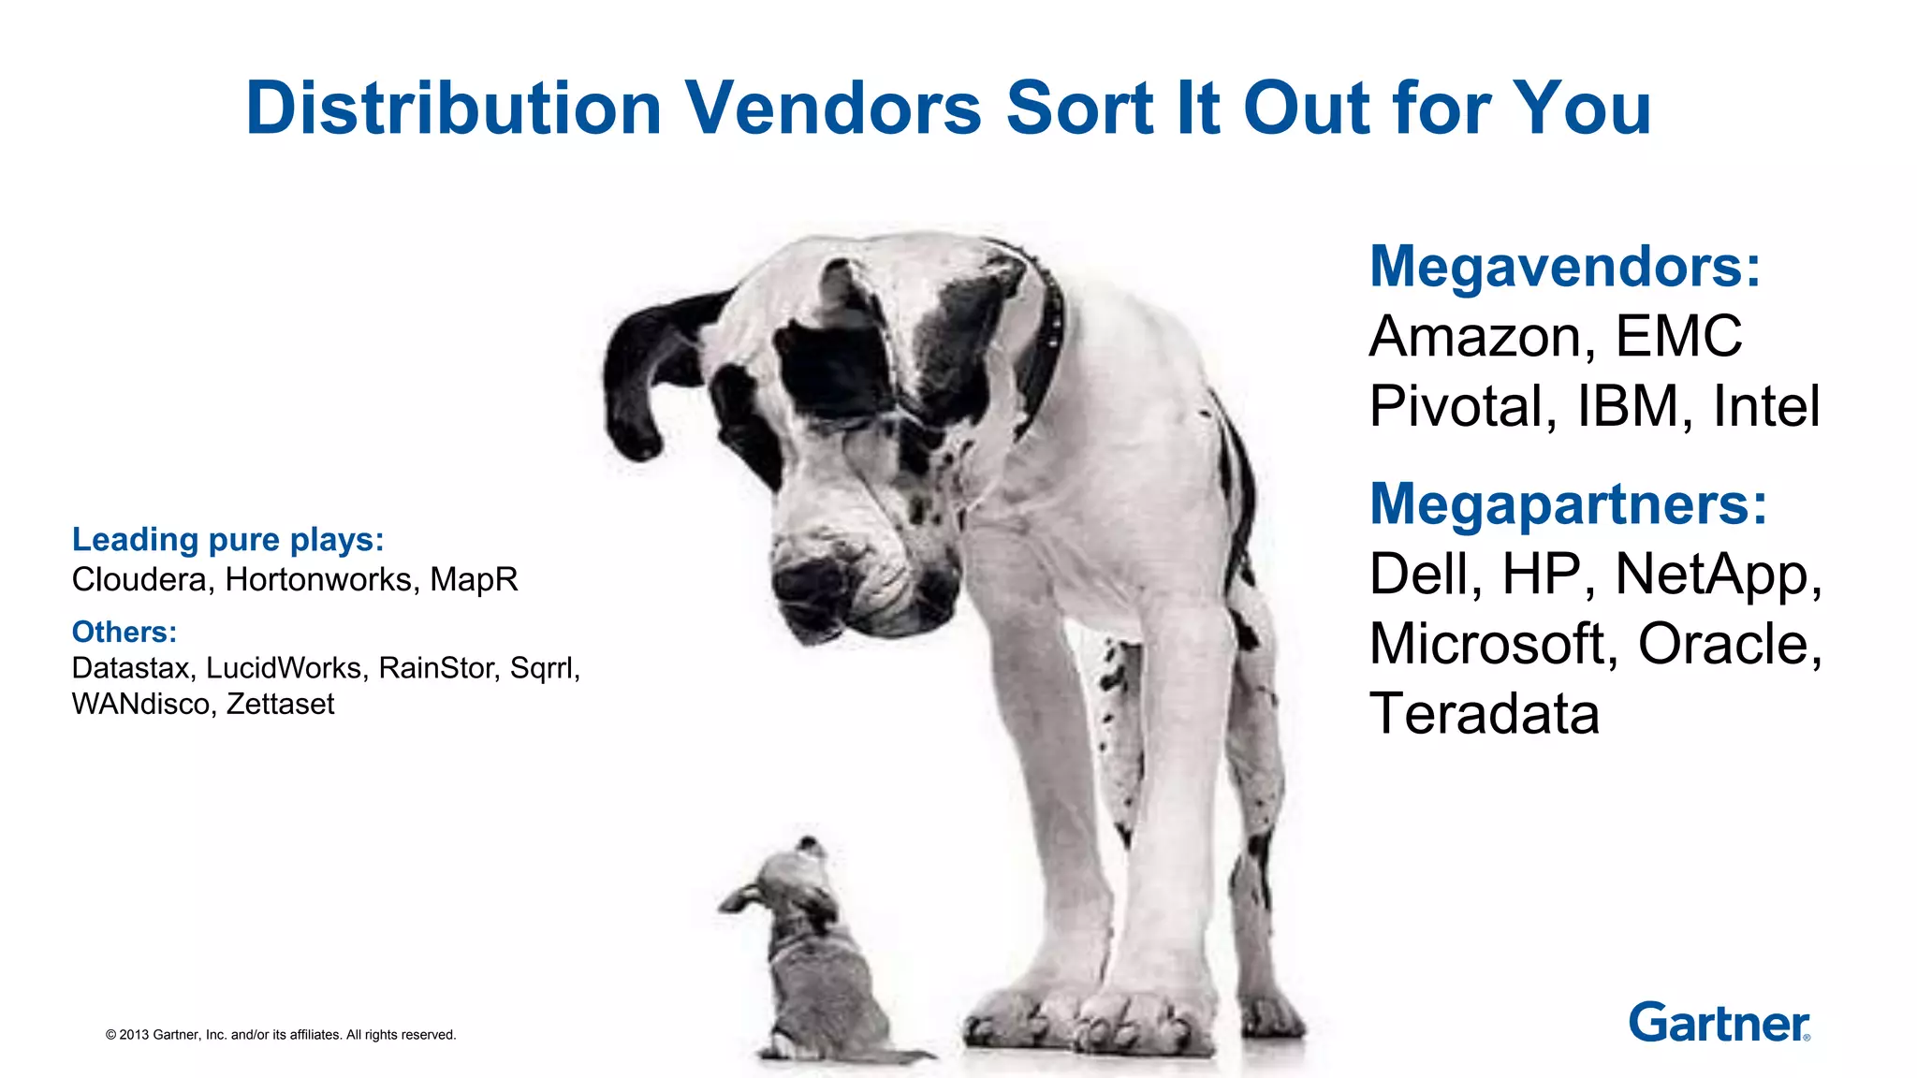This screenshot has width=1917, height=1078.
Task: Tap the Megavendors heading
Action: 1565,267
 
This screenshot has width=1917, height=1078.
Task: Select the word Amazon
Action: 1482,337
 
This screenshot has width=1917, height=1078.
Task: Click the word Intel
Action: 1766,406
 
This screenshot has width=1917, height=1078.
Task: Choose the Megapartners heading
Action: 1568,504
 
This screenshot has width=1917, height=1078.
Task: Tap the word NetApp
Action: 1718,575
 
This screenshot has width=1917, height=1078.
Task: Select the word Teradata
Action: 1484,714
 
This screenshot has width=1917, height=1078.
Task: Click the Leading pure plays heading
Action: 228,540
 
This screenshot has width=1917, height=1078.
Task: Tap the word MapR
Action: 474,580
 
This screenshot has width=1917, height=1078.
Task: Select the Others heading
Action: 124,633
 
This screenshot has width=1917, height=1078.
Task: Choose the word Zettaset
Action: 280,704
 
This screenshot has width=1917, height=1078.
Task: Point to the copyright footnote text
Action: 281,1035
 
